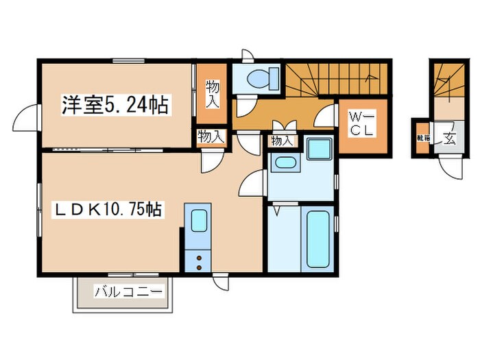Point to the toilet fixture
(x=259, y=79)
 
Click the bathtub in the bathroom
(x=317, y=239)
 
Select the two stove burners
(x=199, y=261)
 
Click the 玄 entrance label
(x=450, y=139)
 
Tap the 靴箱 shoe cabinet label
(x=420, y=138)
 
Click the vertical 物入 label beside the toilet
(x=212, y=94)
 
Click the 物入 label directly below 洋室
(x=211, y=137)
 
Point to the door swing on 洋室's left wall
(x=24, y=117)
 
